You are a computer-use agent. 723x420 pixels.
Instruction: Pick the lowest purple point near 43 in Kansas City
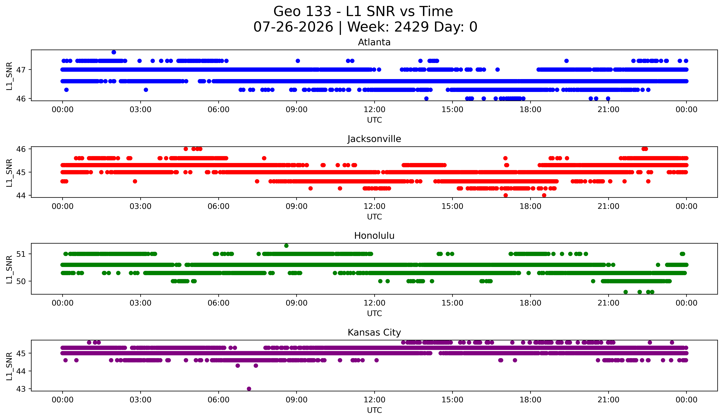click(249, 389)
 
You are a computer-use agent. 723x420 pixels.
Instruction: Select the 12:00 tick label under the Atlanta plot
click(374, 110)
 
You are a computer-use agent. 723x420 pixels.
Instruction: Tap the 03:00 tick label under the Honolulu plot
click(141, 303)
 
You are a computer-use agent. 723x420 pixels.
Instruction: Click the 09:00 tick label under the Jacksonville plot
click(297, 206)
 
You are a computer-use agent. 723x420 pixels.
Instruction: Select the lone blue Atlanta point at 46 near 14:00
click(426, 98)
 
